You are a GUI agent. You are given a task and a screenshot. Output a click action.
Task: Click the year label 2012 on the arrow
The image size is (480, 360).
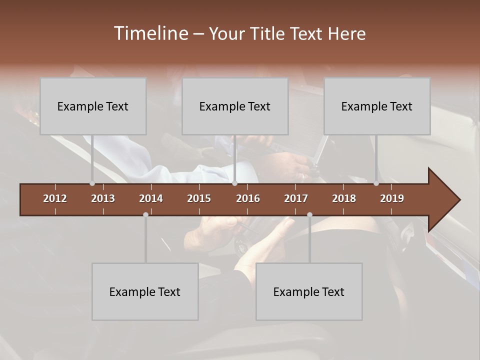coord(55,198)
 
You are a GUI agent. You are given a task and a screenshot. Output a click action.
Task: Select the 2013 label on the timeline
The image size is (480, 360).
coord(103,198)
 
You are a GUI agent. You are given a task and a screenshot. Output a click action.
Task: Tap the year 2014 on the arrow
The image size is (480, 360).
coord(151,198)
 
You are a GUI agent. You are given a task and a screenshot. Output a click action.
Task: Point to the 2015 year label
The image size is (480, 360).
coord(199,198)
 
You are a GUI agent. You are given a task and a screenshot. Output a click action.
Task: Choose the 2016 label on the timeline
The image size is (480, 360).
coord(248,198)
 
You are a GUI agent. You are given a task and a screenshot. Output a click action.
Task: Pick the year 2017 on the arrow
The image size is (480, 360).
coord(296,198)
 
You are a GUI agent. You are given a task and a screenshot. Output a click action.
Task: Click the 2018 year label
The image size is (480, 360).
coord(344,198)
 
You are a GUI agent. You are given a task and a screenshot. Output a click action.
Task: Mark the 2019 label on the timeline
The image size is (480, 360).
coord(392,198)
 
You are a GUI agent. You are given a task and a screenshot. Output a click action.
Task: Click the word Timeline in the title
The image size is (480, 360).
coord(150,33)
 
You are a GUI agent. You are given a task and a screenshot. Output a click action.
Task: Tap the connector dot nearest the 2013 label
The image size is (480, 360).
coord(92,183)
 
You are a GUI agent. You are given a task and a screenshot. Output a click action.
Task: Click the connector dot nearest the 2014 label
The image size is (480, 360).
coord(145,214)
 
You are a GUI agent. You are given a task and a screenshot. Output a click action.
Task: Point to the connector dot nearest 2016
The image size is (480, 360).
coord(234,183)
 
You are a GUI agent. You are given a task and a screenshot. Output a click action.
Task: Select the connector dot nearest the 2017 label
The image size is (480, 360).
coord(309,214)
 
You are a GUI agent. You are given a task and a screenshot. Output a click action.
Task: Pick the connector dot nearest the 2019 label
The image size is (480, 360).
coord(376,183)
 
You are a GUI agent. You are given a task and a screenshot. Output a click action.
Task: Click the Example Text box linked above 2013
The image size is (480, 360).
coord(93,106)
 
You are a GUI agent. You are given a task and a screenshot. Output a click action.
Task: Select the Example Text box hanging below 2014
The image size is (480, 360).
coord(145,292)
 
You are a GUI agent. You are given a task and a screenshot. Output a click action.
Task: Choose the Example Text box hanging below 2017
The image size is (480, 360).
coord(309,292)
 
